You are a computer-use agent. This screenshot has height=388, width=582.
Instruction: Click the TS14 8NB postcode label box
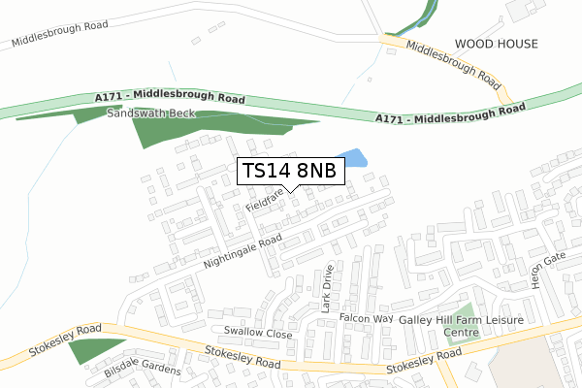(290, 171)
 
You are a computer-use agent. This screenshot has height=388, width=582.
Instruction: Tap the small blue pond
(351, 158)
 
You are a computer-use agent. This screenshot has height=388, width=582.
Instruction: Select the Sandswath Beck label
(151, 113)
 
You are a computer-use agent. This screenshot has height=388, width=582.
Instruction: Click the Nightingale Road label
(242, 251)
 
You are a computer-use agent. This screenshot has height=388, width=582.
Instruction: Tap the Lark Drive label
(328, 288)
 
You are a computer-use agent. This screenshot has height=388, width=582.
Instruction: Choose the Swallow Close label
(257, 334)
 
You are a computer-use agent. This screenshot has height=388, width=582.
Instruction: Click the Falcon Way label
(366, 318)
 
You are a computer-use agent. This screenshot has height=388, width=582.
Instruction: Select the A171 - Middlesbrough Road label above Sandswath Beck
(172, 98)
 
